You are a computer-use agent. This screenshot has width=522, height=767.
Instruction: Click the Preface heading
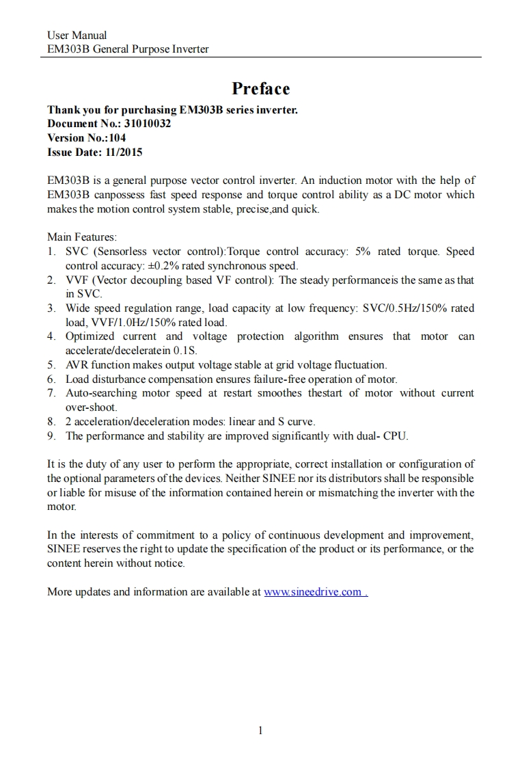tap(260, 89)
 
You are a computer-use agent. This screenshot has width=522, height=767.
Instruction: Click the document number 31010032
tap(148, 124)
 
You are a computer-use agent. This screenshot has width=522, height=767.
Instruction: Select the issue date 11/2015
tap(125, 152)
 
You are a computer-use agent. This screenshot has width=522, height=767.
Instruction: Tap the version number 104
tap(117, 137)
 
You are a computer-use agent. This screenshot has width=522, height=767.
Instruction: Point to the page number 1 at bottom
tap(260, 730)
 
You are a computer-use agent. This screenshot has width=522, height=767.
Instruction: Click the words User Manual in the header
tap(77, 35)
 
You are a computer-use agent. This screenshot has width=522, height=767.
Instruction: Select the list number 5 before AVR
tap(51, 364)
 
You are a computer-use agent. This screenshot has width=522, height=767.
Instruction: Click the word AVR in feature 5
tap(77, 364)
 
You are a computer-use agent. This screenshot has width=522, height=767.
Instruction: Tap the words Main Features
tap(82, 237)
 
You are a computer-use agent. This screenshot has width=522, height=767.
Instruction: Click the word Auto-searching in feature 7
tap(100, 392)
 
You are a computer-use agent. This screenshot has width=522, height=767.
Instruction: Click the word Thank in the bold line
tap(62, 109)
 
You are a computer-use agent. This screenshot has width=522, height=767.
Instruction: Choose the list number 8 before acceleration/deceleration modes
tap(51, 421)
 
